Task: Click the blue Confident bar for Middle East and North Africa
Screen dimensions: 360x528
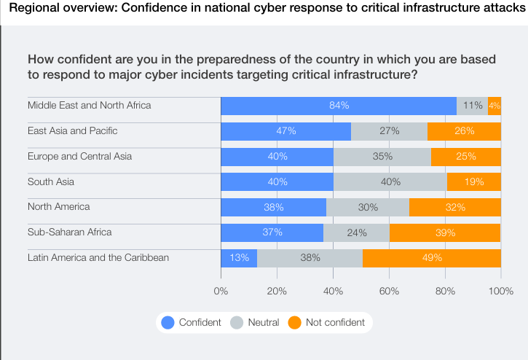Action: point(339,106)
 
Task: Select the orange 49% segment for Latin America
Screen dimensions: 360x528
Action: point(431,258)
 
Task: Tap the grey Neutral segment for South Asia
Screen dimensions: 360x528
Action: point(390,182)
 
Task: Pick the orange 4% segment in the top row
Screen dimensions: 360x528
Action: point(494,106)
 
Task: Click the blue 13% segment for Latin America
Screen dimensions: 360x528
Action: point(239,258)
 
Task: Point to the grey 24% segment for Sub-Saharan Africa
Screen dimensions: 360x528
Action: point(357,233)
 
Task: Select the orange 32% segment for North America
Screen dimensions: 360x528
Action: point(455,208)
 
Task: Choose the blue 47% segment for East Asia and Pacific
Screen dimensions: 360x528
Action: point(285,131)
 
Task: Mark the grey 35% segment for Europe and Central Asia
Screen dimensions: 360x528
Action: point(382,157)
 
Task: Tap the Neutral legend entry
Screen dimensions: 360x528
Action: point(263,322)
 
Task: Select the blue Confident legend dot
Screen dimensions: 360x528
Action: point(168,322)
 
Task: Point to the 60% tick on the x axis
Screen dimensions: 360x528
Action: point(389,291)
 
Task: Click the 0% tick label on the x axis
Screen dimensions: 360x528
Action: point(221,291)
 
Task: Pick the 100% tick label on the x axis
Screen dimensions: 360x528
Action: point(501,291)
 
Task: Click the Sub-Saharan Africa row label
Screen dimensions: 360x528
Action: point(70,232)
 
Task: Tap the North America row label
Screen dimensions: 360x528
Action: point(58,207)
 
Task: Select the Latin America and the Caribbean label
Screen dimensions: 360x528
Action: point(98,257)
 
